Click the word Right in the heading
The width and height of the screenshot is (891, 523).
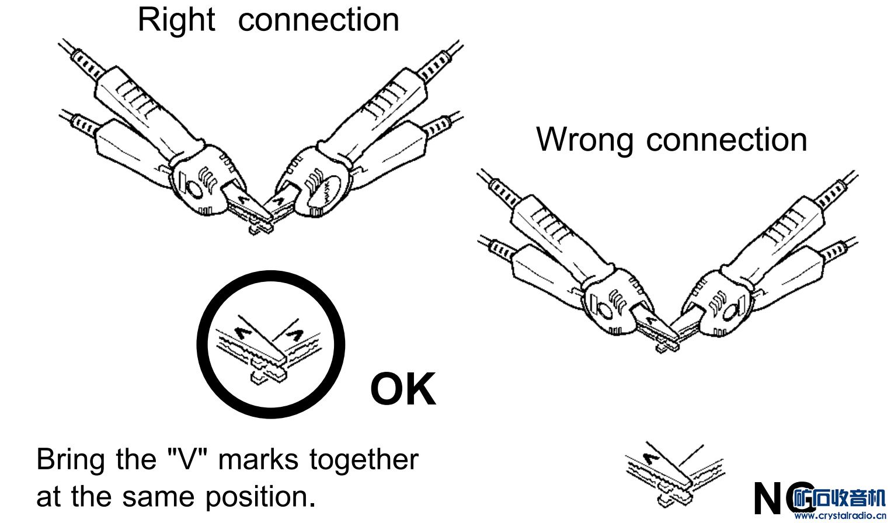point(176,20)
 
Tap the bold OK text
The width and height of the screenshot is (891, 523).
point(403,389)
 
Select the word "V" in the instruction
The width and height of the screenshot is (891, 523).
point(188,459)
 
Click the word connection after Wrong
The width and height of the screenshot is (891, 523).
point(727,140)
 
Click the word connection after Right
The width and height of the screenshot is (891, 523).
point(319,20)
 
